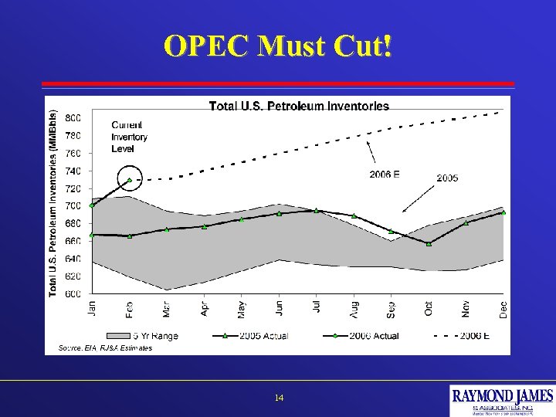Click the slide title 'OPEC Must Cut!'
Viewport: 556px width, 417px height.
click(x=278, y=46)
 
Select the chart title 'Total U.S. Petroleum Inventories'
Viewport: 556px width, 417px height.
click(x=299, y=106)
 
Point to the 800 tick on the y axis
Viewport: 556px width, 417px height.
click(x=72, y=118)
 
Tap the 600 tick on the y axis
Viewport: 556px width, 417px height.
click(x=72, y=294)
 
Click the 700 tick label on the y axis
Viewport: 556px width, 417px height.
click(x=72, y=206)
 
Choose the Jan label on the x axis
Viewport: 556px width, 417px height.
click(x=92, y=308)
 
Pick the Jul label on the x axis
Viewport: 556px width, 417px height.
click(x=317, y=307)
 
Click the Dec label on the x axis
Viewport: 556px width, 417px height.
click(x=503, y=309)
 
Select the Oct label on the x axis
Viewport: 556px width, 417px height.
click(x=429, y=307)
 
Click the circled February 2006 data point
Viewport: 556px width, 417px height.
click(x=129, y=181)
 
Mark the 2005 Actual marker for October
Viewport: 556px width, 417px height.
click(x=429, y=244)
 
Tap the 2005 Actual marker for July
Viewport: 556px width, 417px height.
click(x=317, y=210)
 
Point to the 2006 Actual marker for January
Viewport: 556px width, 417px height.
click(x=92, y=205)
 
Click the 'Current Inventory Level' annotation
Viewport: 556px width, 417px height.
click(x=129, y=137)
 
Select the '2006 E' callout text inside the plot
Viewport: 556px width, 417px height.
click(x=384, y=175)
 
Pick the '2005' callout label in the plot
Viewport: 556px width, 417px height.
click(x=447, y=178)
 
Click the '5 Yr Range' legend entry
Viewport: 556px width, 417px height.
click(x=146, y=335)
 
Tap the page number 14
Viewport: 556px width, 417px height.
click(x=279, y=398)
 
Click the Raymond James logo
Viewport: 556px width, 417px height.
click(x=502, y=400)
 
